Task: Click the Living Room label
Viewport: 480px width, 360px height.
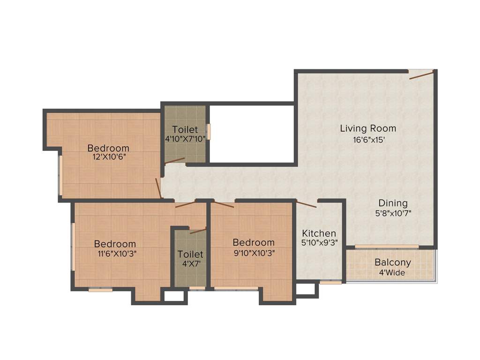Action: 368,128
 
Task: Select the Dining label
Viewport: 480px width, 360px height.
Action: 393,203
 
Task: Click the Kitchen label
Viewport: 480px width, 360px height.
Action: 319,233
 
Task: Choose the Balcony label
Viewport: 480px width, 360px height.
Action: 392,262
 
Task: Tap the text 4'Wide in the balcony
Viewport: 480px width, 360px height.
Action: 392,272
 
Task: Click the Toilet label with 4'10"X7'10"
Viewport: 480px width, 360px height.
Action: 185,129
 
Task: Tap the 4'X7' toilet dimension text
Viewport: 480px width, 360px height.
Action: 190,264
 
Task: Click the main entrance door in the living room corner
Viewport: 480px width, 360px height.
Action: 420,75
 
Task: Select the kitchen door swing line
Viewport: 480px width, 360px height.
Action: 307,203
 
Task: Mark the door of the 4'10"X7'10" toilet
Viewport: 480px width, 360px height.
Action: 175,161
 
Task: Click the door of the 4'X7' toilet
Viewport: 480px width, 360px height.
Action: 198,230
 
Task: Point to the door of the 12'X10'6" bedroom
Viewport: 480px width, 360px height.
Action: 158,188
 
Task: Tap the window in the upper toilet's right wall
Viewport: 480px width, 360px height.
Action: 209,131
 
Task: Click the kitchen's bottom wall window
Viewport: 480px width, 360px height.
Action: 330,283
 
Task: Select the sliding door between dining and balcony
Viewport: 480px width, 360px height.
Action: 386,247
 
